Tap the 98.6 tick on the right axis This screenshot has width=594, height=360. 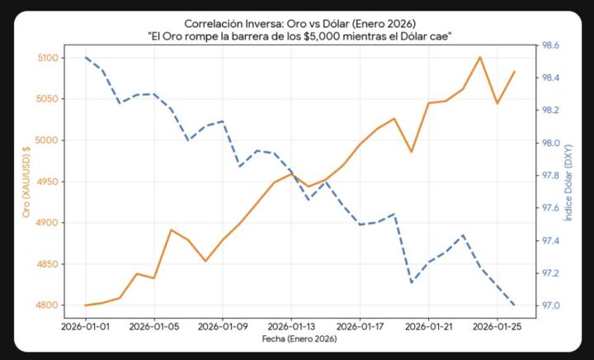pyautogui.click(x=549, y=45)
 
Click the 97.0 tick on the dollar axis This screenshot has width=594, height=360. pyautogui.click(x=549, y=306)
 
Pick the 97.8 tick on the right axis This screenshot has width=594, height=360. pyautogui.click(x=549, y=175)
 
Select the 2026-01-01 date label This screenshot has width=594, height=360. pyautogui.click(x=86, y=326)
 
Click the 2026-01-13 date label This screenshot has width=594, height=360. pyautogui.click(x=292, y=326)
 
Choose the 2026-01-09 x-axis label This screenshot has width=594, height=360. pyautogui.click(x=224, y=326)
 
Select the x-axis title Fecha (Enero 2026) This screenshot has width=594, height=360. pyautogui.click(x=299, y=339)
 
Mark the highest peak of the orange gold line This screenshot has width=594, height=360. pyautogui.click(x=480, y=57)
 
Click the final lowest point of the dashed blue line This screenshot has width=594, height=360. pyautogui.click(x=515, y=306)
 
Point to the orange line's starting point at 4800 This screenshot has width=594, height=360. pyautogui.click(x=86, y=306)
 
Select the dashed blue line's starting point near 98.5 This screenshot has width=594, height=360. pyautogui.click(x=86, y=57)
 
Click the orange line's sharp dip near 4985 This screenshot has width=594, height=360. pyautogui.click(x=412, y=152)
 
